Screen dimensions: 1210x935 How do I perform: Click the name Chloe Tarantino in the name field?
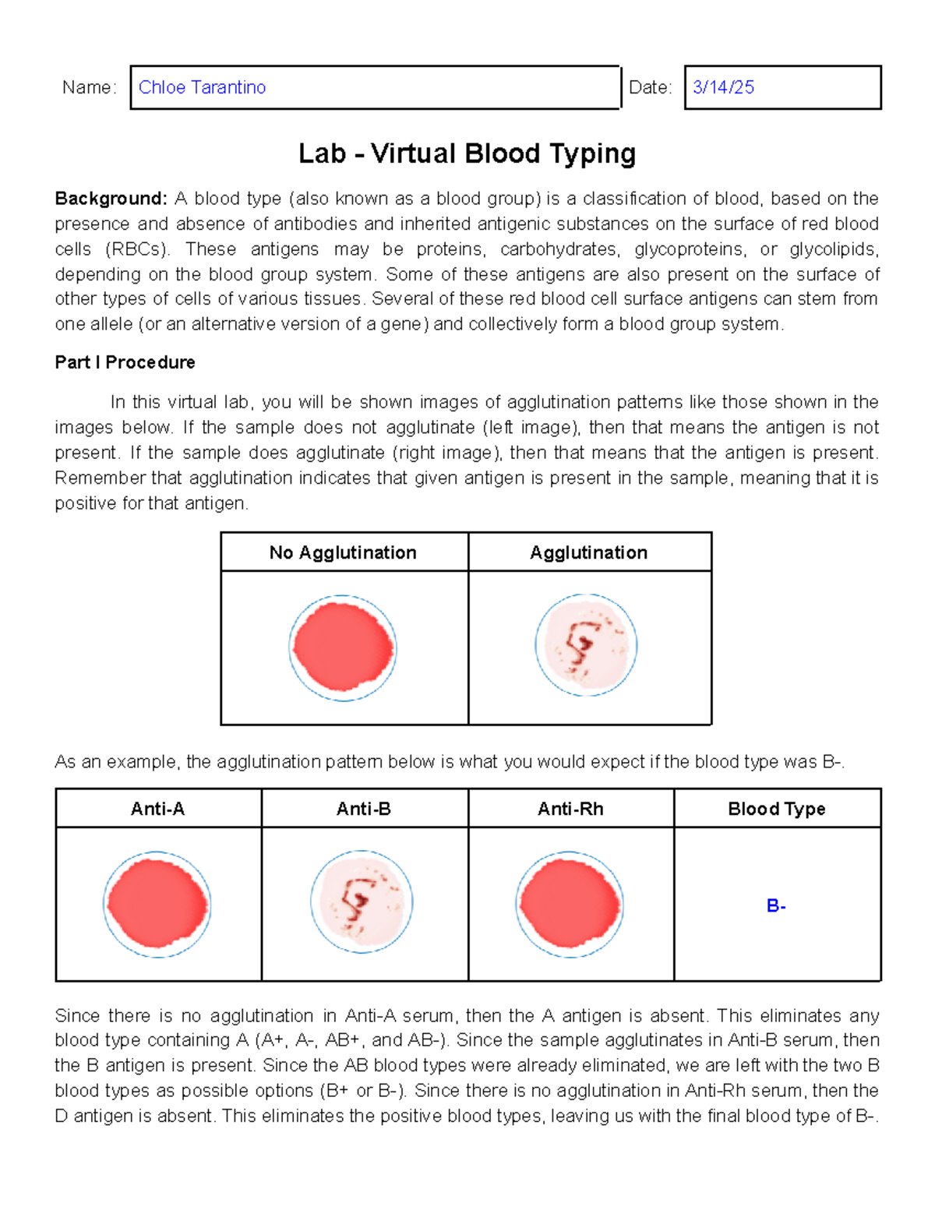[202, 87]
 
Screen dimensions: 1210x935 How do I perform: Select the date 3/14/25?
[723, 87]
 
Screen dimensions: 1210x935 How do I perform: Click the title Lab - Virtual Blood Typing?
[467, 153]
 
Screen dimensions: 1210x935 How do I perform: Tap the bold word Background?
[111, 199]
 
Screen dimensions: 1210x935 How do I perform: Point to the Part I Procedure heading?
[125, 362]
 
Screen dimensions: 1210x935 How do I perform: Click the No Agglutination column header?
[343, 552]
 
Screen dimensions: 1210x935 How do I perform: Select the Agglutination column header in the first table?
[588, 552]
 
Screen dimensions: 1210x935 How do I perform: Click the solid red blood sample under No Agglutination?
[343, 647]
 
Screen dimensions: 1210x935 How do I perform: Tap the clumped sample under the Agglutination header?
[586, 645]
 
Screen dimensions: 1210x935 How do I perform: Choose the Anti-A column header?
[157, 809]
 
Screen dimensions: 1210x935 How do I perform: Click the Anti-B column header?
[363, 809]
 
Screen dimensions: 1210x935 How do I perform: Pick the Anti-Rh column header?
[570, 809]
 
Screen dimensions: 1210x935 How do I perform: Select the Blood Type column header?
[776, 809]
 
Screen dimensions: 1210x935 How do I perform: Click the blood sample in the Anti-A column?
[157, 905]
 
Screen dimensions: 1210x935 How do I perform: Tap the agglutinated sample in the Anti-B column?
[362, 902]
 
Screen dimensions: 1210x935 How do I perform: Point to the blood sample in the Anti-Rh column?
[570, 905]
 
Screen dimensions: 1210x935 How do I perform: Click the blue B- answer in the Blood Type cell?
[776, 905]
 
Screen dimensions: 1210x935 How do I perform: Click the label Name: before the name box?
[89, 87]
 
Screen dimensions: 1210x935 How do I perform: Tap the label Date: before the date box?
[650, 87]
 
